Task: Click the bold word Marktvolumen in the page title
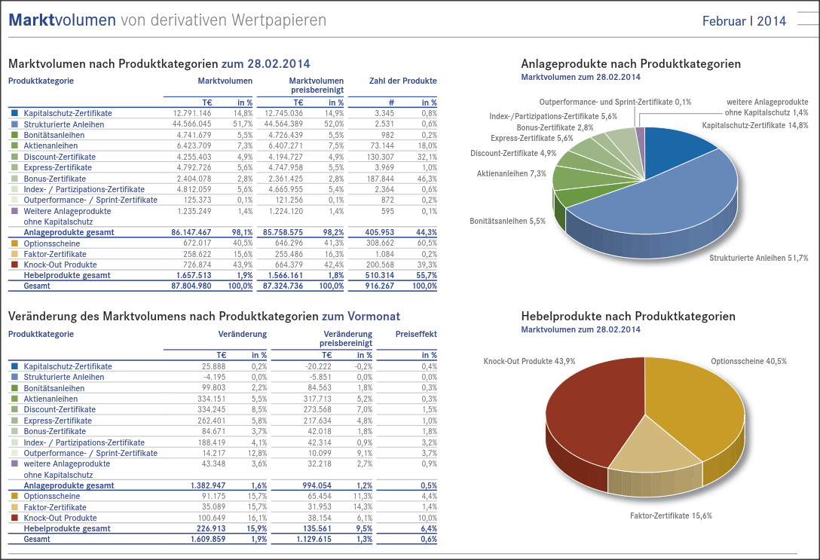coord(63,20)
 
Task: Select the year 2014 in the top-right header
coord(772,21)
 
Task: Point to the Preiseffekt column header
coord(416,334)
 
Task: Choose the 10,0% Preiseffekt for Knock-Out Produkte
coord(429,518)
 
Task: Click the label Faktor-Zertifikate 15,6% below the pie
coord(671,516)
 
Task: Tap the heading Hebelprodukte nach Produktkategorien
coord(628,317)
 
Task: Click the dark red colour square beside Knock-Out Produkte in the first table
coord(14,265)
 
